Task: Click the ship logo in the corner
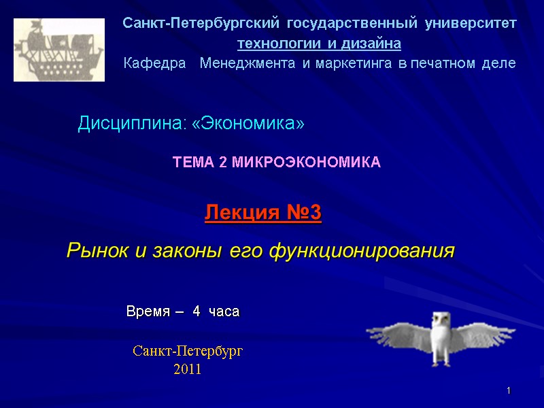(x=59, y=50)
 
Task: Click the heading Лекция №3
(x=262, y=214)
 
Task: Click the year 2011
(x=188, y=369)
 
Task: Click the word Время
(x=146, y=312)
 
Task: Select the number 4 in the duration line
(x=197, y=312)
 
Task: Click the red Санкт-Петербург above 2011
(x=188, y=352)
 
